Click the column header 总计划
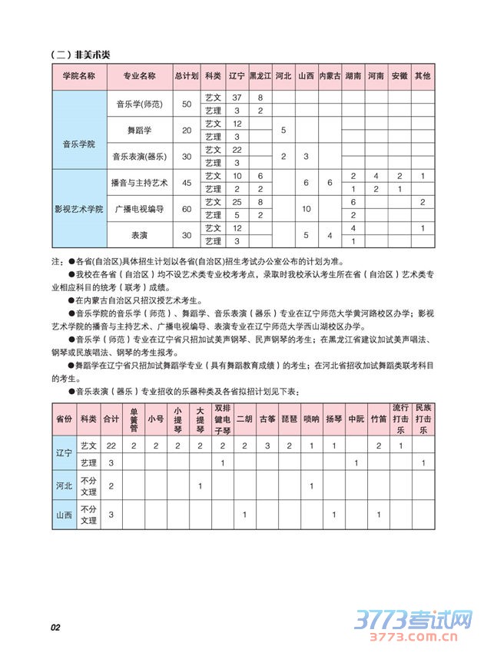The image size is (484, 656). click(187, 76)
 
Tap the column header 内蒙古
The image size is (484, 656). click(330, 76)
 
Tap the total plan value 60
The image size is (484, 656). click(187, 208)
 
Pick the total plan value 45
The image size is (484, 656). click(187, 182)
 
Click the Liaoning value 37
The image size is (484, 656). click(237, 98)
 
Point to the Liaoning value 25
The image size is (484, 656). click(237, 201)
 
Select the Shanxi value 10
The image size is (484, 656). click(307, 208)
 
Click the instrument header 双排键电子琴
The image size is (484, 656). click(221, 419)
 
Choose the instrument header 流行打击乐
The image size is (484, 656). click(400, 419)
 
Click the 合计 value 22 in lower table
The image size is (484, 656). click(111, 446)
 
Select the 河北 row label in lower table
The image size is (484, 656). click(64, 485)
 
